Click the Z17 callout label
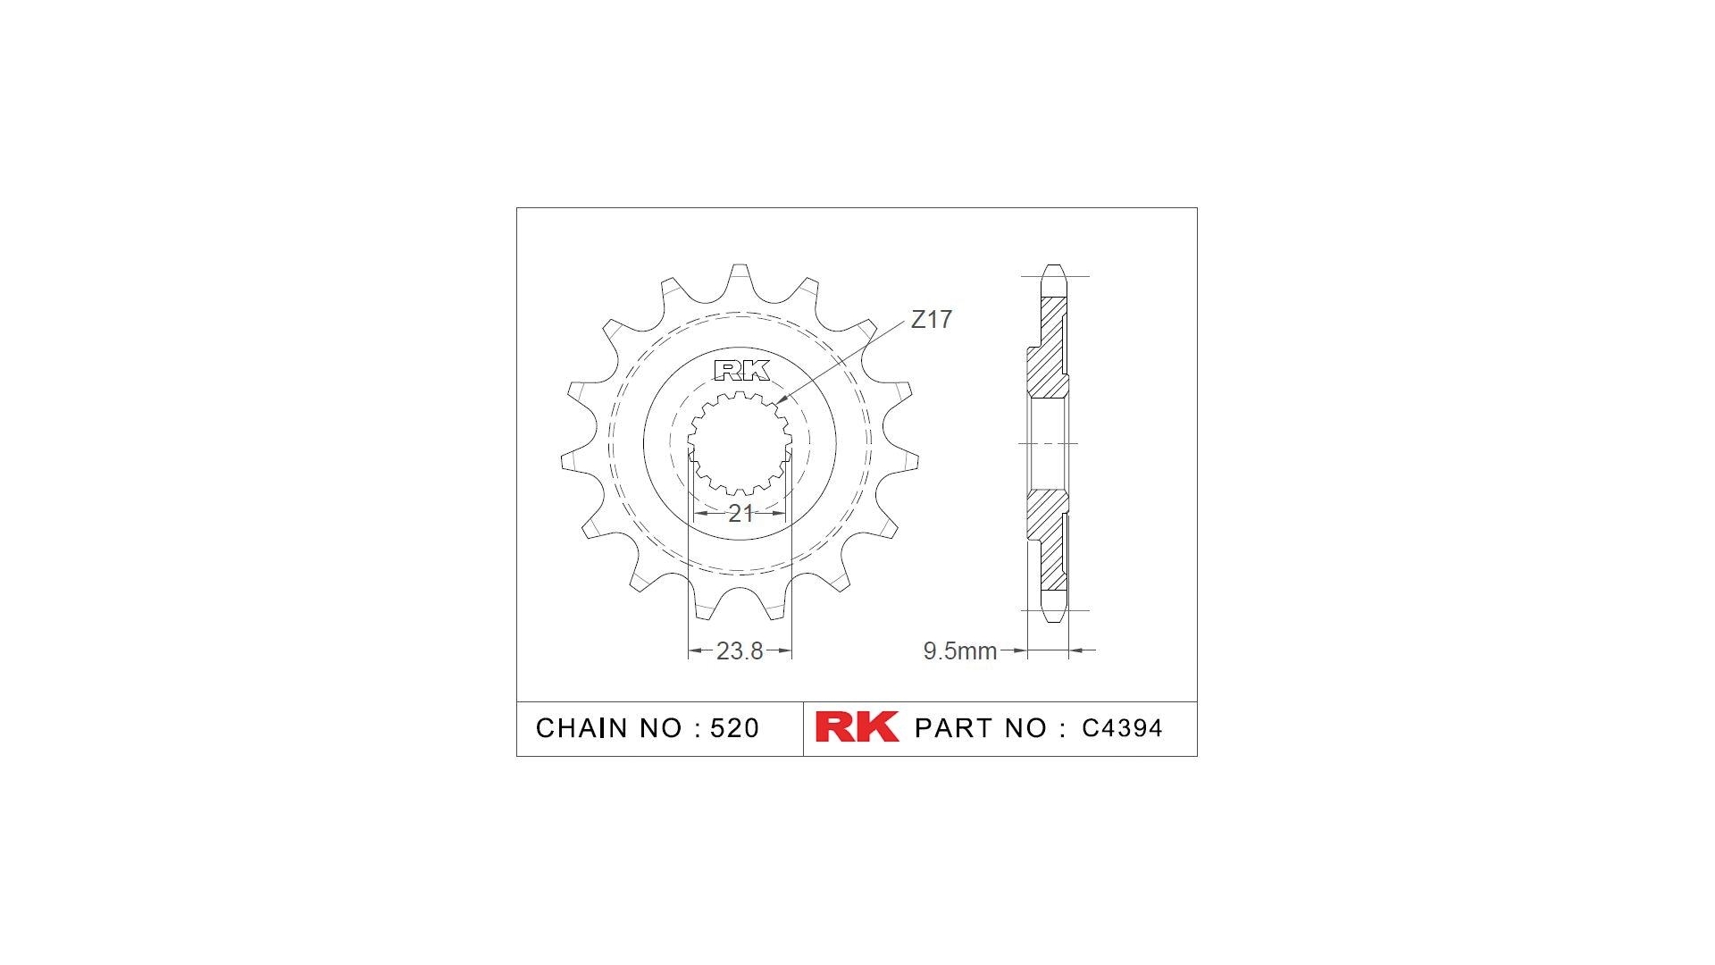click(931, 320)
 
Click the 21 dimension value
click(740, 514)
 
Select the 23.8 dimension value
click(740, 651)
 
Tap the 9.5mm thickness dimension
click(959, 651)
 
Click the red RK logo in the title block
click(857, 727)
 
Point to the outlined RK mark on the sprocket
click(741, 370)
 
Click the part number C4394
click(1122, 728)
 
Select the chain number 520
click(734, 728)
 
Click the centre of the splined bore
click(740, 444)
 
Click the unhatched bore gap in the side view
click(1047, 444)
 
